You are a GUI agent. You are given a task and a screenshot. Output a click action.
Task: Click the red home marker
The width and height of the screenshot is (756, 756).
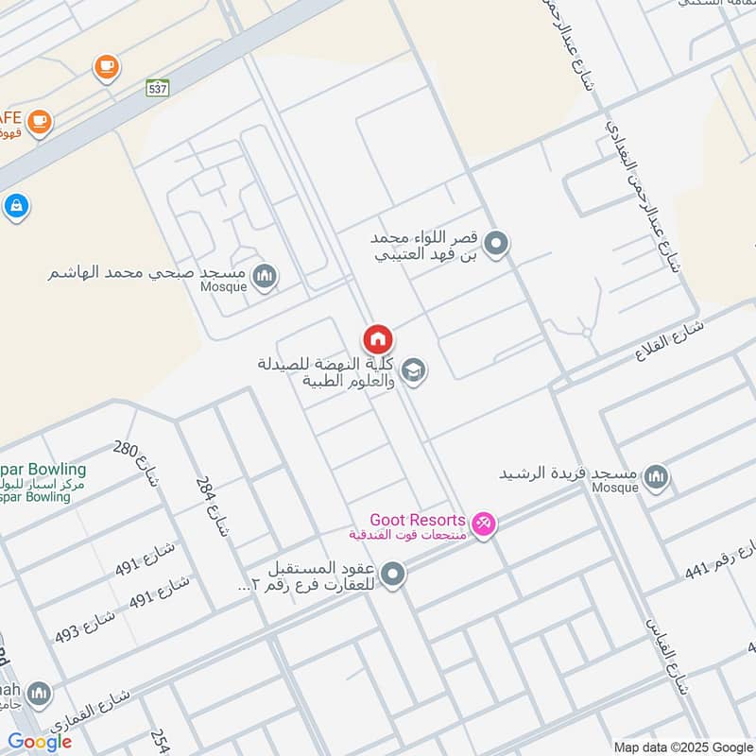point(377,338)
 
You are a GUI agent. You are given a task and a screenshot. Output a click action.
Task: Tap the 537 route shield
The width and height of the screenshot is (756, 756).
point(159,88)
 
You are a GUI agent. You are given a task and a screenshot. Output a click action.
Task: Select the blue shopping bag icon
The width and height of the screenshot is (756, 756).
point(15,206)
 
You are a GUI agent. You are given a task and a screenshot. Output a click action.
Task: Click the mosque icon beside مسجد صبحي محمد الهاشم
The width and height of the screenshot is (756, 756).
point(266,275)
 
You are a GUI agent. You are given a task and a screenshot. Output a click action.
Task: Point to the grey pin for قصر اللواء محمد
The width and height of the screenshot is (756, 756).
point(501,244)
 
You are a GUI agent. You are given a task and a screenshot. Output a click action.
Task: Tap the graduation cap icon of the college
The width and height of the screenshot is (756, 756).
point(413,370)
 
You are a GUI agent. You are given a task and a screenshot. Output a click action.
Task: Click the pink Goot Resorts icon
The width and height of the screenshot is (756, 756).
point(483,523)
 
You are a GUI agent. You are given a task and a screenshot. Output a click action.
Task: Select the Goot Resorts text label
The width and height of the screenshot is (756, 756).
point(417,521)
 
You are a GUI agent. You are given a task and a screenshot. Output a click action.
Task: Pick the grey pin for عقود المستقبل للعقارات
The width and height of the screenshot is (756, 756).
point(393,574)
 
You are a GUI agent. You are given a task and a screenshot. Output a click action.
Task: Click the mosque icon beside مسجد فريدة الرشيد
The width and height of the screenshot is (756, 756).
point(658,478)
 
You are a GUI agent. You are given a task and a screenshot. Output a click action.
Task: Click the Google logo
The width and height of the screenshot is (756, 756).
point(39,742)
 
